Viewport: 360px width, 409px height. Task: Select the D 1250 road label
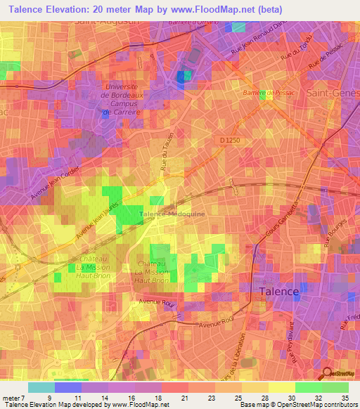tap(230, 141)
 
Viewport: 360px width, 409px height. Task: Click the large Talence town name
tap(279, 291)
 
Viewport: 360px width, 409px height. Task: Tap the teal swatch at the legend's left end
tap(41, 387)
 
